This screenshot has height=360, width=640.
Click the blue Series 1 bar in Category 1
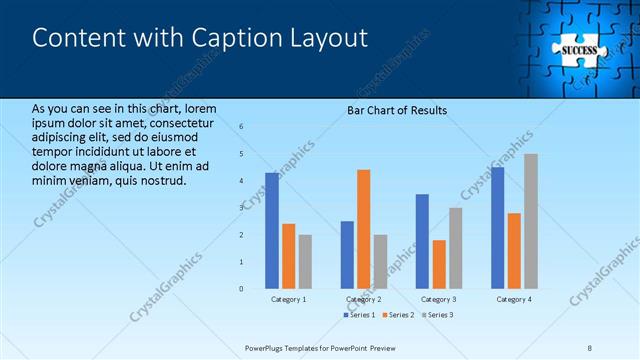click(x=272, y=230)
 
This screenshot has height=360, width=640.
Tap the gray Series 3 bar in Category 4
click(x=530, y=221)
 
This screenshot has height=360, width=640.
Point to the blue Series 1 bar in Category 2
click(x=347, y=254)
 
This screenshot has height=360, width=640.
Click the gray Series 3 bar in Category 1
click(x=305, y=261)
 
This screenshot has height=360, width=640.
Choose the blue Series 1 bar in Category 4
click(x=497, y=227)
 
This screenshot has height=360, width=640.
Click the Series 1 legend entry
click(x=361, y=315)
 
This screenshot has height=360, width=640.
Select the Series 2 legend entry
click(x=398, y=315)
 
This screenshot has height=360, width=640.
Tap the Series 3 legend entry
click(x=436, y=315)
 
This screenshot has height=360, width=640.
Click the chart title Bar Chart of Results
click(x=397, y=110)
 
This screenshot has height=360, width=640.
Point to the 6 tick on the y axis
click(x=241, y=126)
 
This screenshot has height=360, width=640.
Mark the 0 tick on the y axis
click(x=241, y=289)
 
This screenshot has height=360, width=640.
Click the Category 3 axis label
click(x=438, y=299)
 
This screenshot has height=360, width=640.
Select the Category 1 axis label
click(x=289, y=299)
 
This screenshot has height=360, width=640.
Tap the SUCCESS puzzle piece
click(x=578, y=49)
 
